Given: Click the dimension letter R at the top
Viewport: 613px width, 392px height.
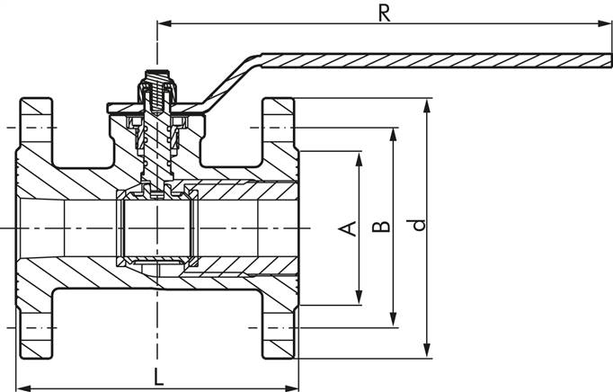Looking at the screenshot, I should [384, 13].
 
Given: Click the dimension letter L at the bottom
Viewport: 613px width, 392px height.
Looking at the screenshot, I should [158, 377].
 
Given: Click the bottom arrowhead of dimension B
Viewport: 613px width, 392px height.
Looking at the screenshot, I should [393, 322].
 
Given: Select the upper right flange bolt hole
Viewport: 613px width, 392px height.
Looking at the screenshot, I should [279, 126].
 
